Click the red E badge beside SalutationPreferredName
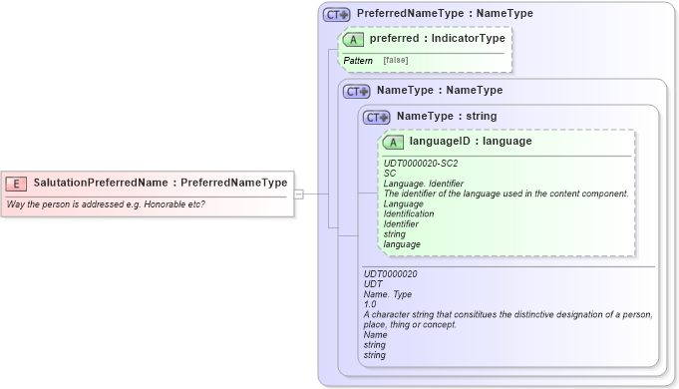tap(17, 184)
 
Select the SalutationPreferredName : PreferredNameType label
tap(160, 184)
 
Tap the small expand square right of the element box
tap(298, 194)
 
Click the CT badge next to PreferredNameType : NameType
tap(336, 15)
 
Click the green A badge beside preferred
tap(354, 40)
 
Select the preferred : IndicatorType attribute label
tap(437, 40)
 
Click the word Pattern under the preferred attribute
tap(358, 61)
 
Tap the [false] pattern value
tap(395, 61)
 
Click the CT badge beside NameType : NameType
tap(356, 91)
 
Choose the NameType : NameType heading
tap(439, 90)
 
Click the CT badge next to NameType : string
tap(376, 117)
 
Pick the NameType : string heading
tap(446, 116)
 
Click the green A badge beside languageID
tap(394, 143)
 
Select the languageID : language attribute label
tap(471, 142)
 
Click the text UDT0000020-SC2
tap(421, 164)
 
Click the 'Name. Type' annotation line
tap(387, 294)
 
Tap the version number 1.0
tap(370, 304)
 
